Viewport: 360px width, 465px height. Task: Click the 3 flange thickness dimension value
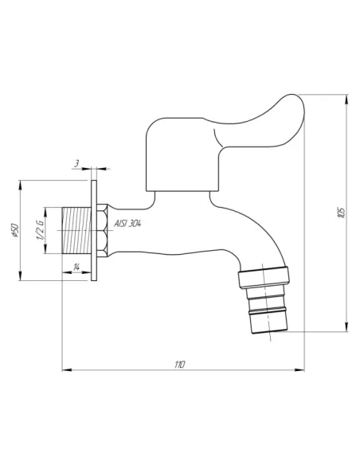tap(76, 163)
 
